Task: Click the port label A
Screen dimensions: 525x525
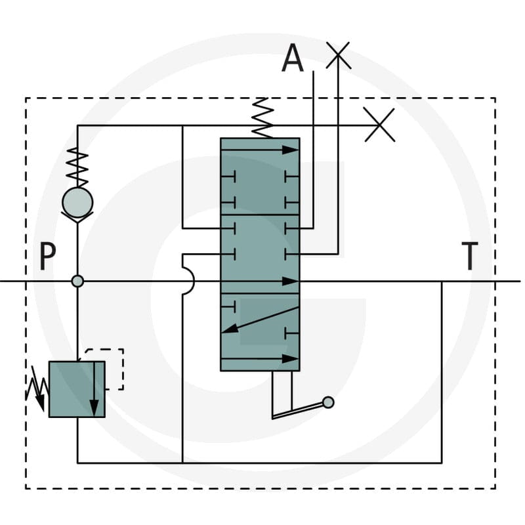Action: [x=293, y=58]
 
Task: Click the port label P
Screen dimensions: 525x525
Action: [x=47, y=256]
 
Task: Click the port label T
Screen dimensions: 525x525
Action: [x=470, y=256]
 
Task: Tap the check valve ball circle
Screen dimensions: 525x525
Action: [x=77, y=203]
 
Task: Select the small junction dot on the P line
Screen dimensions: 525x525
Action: [x=77, y=281]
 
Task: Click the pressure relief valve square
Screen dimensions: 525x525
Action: [x=77, y=389]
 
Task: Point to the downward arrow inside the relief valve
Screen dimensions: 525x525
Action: [x=94, y=389]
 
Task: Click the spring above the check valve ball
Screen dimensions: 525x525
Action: [x=77, y=167]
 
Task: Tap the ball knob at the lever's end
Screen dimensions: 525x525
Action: [x=328, y=402]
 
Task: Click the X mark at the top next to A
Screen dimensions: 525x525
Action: [x=338, y=55]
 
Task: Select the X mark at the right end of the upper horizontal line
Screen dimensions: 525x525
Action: [x=379, y=125]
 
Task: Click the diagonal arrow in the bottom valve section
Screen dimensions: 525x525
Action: [x=260, y=320]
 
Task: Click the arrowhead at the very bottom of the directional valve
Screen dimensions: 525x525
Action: [x=290, y=359]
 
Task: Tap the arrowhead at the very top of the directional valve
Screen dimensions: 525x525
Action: [x=290, y=150]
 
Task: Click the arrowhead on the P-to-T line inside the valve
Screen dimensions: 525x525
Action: [x=290, y=282]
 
